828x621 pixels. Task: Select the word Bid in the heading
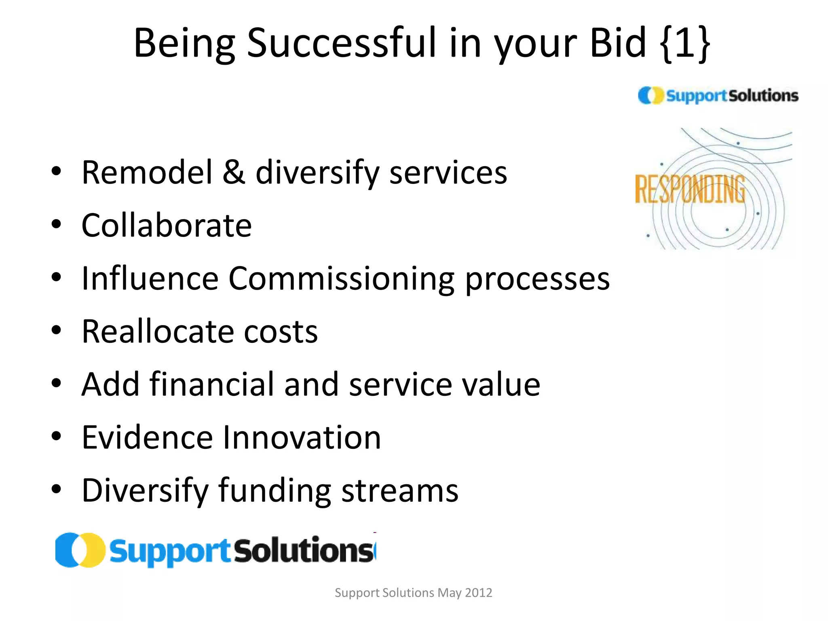click(618, 42)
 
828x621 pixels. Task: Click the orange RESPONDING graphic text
click(690, 189)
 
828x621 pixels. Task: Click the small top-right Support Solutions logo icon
click(651, 95)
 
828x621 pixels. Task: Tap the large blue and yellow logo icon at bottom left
click(80, 550)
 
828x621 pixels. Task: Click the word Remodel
click(147, 172)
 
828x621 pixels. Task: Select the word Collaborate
click(167, 225)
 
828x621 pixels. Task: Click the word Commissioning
click(341, 279)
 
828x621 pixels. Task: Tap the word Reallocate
click(157, 331)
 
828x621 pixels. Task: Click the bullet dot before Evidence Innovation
click(56, 436)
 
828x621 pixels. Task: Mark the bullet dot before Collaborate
click(56, 224)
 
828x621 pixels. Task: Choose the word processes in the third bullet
click(537, 279)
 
